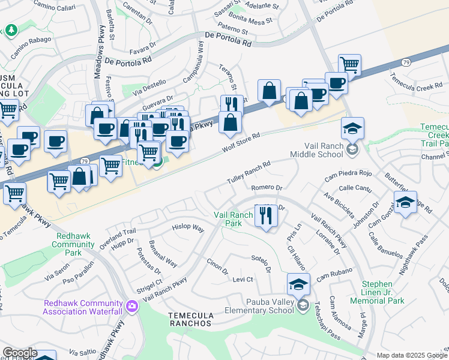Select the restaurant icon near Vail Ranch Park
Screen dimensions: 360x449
[x=266, y=215]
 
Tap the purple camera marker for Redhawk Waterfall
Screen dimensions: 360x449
[x=132, y=307]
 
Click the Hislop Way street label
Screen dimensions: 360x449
[x=188, y=229]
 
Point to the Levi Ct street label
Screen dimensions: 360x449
[x=243, y=280]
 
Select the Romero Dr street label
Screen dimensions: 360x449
[x=267, y=188]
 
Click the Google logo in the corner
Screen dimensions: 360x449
[x=20, y=353]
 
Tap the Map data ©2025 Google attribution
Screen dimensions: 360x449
[x=412, y=355]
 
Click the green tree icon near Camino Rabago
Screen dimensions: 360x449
[x=11, y=29]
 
